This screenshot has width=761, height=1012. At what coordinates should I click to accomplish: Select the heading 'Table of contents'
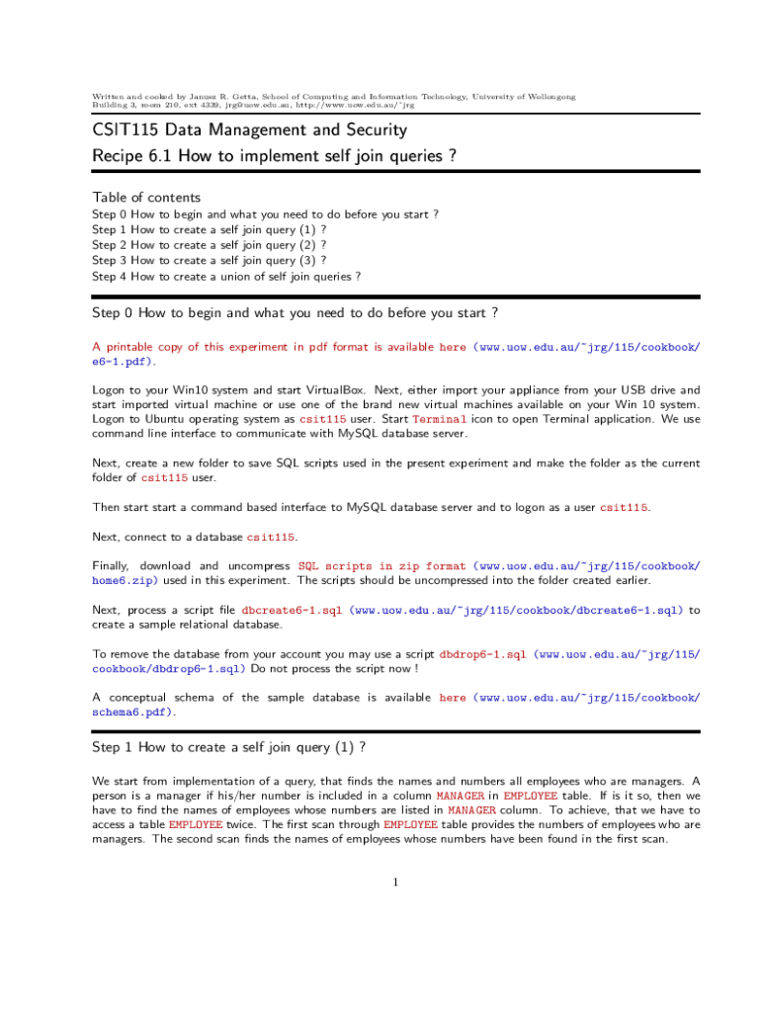click(x=146, y=197)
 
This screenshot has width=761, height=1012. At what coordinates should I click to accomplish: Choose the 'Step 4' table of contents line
click(x=226, y=277)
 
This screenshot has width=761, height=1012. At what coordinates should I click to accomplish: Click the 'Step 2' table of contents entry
click(x=209, y=245)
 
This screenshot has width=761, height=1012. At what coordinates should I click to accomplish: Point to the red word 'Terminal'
click(x=439, y=419)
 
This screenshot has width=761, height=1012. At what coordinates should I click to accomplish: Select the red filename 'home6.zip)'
click(x=127, y=581)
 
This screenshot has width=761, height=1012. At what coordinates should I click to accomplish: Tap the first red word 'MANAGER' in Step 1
click(x=461, y=796)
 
